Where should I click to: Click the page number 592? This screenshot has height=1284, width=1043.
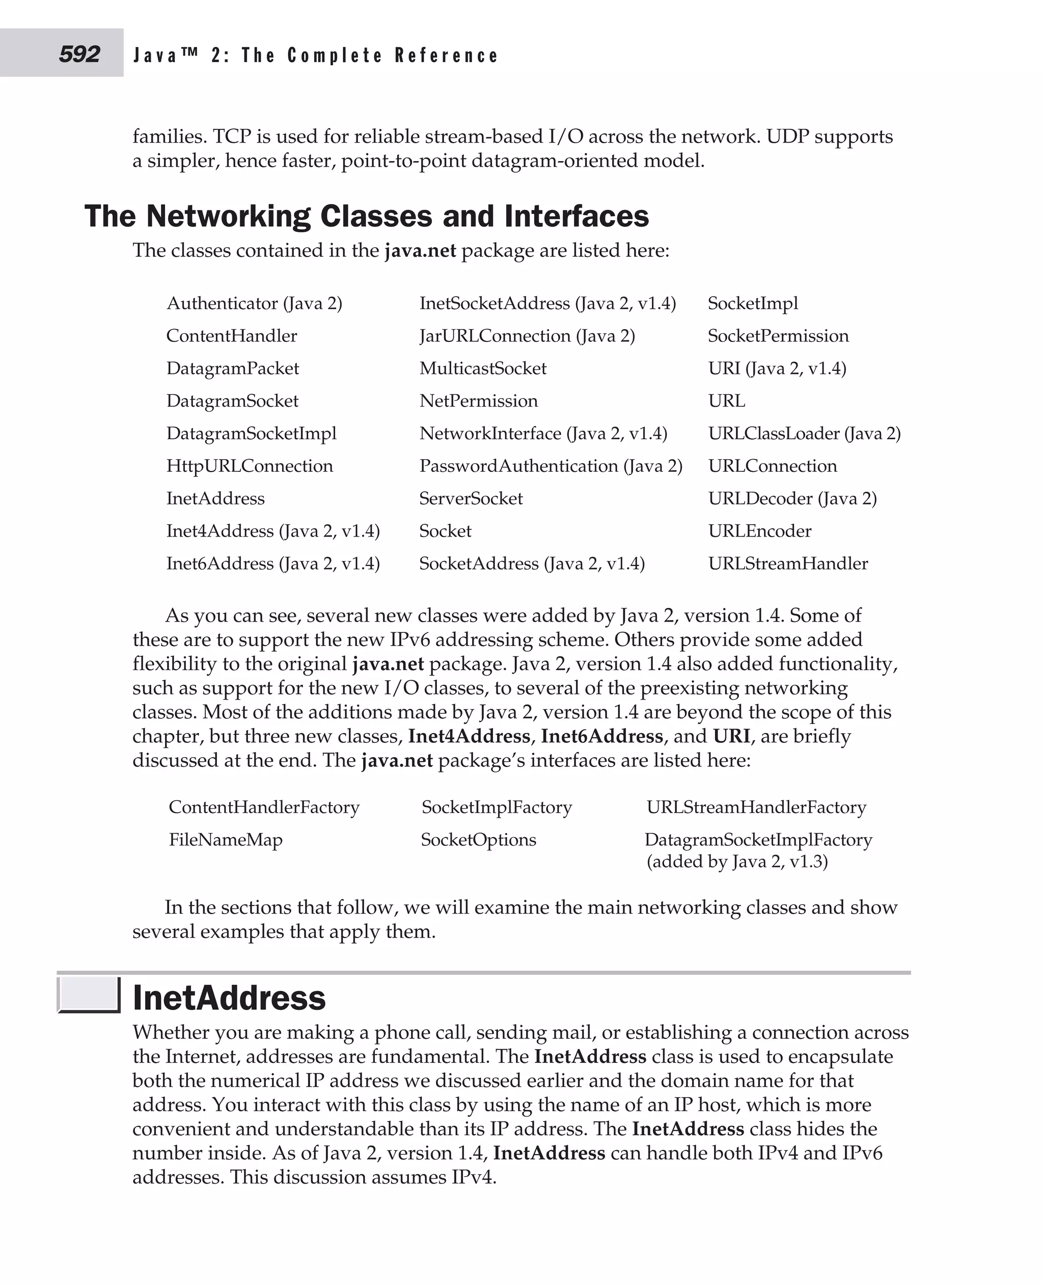pyautogui.click(x=79, y=54)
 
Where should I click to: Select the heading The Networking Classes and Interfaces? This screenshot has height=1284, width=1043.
pyautogui.click(x=367, y=216)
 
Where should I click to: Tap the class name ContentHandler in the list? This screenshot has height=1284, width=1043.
pyautogui.click(x=231, y=335)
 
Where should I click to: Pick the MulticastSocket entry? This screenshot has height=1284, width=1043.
pyautogui.click(x=482, y=368)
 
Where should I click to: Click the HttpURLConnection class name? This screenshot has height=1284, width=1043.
pyautogui.click(x=250, y=466)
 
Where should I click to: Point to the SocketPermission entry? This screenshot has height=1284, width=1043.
pyautogui.click(x=778, y=335)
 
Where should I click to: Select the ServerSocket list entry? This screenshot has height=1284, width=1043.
pyautogui.click(x=471, y=498)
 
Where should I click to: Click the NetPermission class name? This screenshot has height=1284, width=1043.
pyautogui.click(x=478, y=401)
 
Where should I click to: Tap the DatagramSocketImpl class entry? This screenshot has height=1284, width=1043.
pyautogui.click(x=251, y=434)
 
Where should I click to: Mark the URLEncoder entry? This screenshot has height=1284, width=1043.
pyautogui.click(x=759, y=531)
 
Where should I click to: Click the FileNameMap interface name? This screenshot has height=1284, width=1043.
pyautogui.click(x=225, y=839)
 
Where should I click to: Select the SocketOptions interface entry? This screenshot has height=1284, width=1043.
pyautogui.click(x=478, y=839)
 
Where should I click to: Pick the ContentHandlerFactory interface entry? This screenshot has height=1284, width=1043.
pyautogui.click(x=264, y=807)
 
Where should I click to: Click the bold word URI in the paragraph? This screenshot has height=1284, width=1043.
pyautogui.click(x=731, y=736)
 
